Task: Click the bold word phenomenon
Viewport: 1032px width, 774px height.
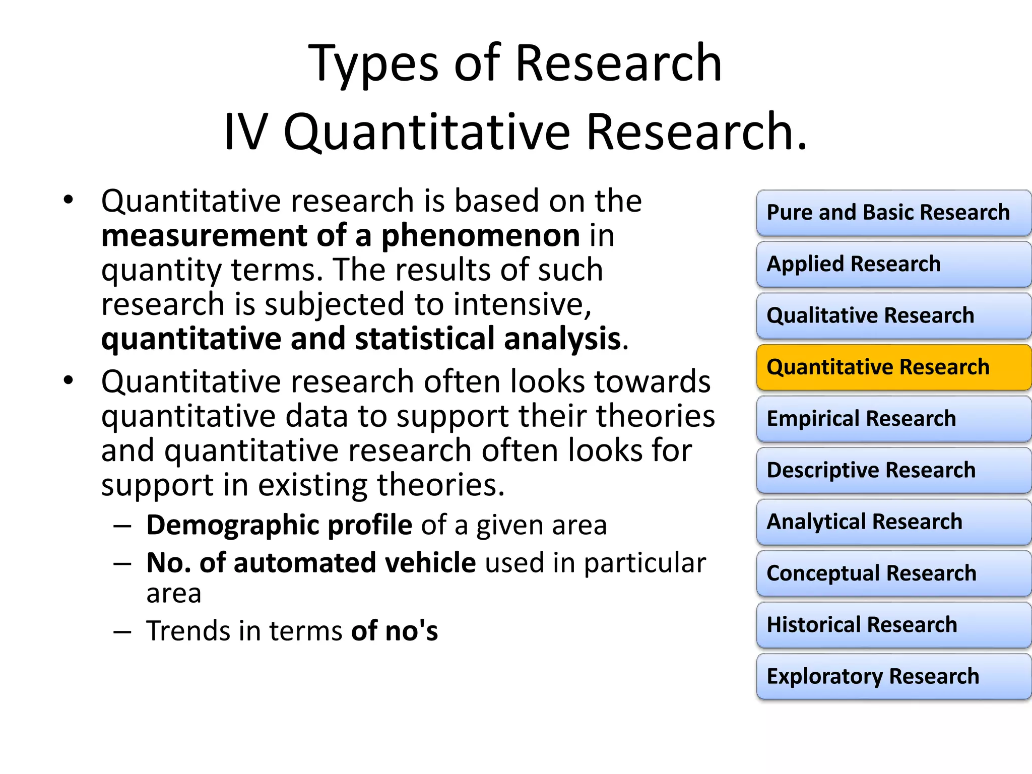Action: pos(480,236)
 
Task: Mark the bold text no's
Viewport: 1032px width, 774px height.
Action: pos(411,631)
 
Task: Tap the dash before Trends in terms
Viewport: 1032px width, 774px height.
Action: pos(122,631)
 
